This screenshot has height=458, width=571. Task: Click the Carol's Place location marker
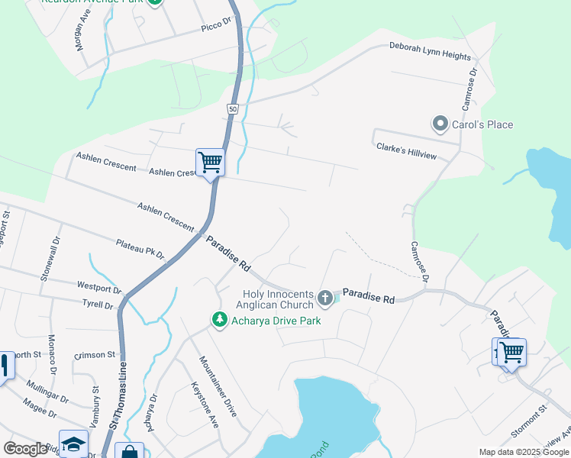click(439, 124)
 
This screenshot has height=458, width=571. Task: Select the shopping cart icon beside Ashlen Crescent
click(209, 161)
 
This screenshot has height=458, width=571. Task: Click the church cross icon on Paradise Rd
click(325, 298)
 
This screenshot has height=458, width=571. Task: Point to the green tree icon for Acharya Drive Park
click(220, 320)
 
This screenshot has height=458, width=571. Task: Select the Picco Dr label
click(216, 27)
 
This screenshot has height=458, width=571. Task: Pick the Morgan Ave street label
click(81, 36)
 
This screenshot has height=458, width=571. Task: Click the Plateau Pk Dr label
click(140, 249)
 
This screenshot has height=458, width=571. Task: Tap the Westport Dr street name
click(99, 288)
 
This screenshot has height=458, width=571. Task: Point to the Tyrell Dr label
click(98, 305)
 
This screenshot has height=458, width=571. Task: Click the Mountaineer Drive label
click(218, 385)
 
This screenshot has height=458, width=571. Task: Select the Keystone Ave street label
click(204, 404)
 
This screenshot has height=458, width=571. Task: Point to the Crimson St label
click(95, 355)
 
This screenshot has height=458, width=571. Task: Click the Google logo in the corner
click(25, 449)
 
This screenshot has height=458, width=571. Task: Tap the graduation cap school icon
click(73, 445)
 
